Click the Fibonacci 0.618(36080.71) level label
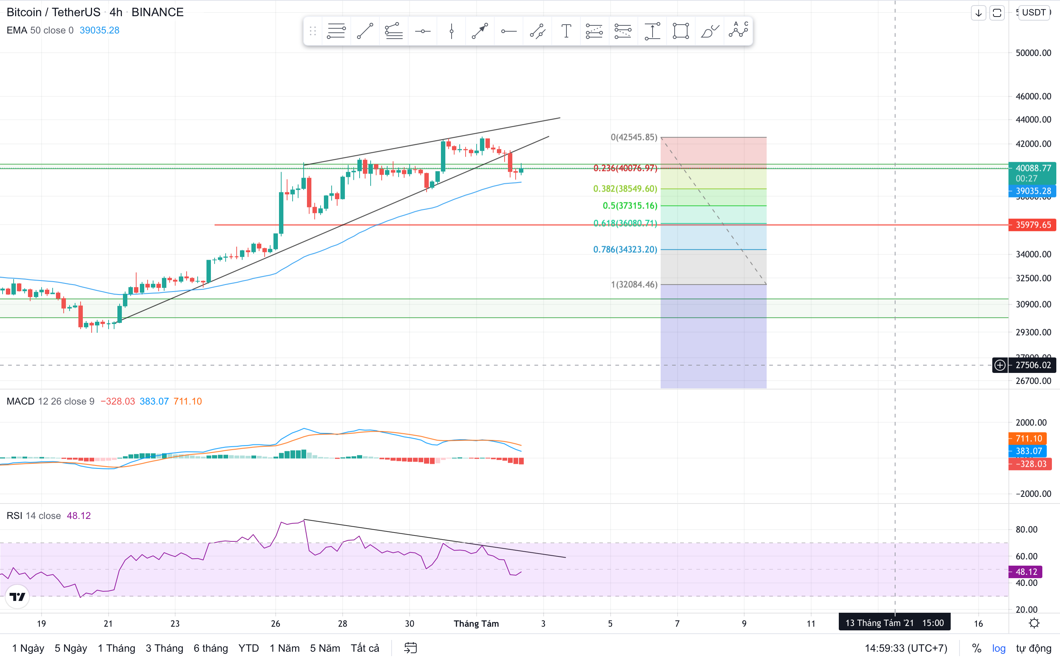[x=625, y=223]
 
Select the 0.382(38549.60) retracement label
[x=625, y=189]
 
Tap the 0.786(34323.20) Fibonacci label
[x=625, y=250]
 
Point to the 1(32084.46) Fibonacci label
[x=634, y=285]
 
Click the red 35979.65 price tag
[x=1032, y=225]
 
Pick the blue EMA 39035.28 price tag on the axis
[x=1032, y=191]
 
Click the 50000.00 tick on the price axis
[x=1033, y=53]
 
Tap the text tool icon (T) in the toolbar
[x=566, y=31]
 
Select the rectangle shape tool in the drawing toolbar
[x=680, y=31]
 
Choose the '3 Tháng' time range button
[x=164, y=648]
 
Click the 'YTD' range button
[x=248, y=648]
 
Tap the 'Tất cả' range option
[x=365, y=648]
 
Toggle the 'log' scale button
[x=999, y=648]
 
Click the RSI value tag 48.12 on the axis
[x=1026, y=572]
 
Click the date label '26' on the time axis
[x=276, y=623]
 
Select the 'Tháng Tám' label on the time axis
[x=476, y=623]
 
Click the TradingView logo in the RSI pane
[x=18, y=596]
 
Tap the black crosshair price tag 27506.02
[x=1032, y=365]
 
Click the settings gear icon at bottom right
[x=1034, y=623]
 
